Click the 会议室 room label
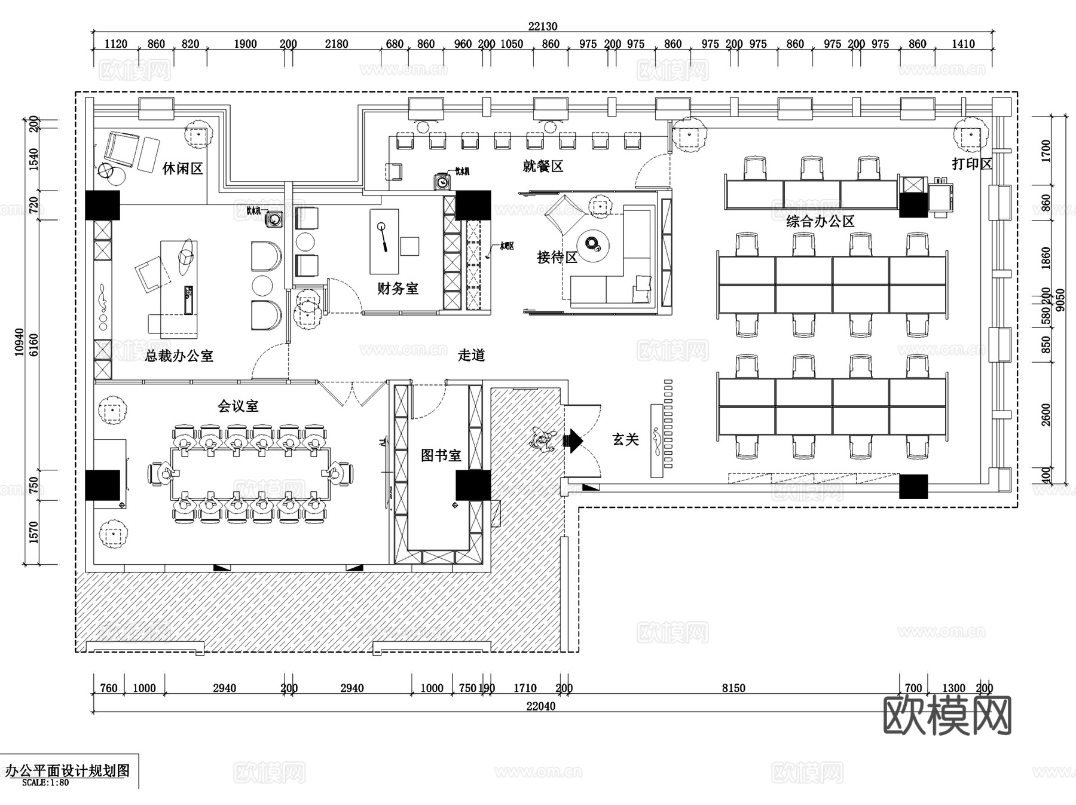coord(238,406)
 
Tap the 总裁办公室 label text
coord(179,356)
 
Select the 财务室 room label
coord(398,289)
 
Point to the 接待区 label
coord(557,258)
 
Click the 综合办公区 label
coord(820,222)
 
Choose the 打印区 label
coord(971,164)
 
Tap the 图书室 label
coord(441,455)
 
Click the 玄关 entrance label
coord(625,440)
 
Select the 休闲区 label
coord(182,169)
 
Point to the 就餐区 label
coord(543,166)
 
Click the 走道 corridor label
coord(471,356)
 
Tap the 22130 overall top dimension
coord(542,26)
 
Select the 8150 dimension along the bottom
coord(733,688)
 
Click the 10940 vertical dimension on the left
coord(20,342)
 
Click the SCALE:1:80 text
coord(45,782)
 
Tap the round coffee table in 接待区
coord(594,244)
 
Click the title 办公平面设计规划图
coord(68,770)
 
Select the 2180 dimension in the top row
coord(337,44)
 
